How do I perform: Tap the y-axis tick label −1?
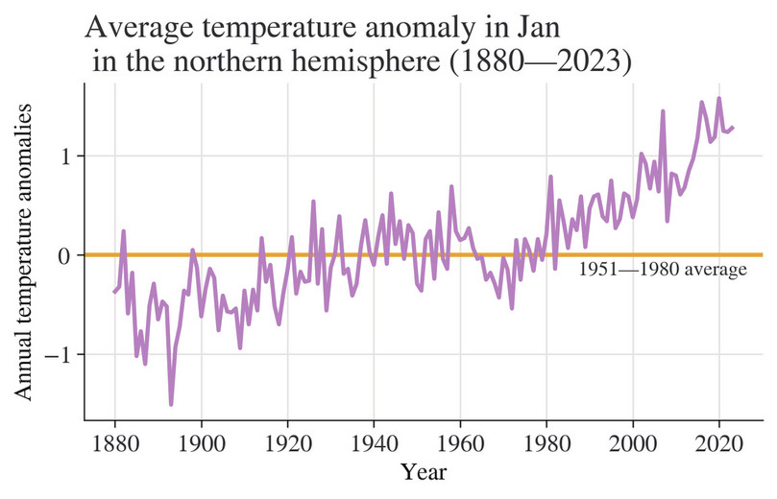coord(61,355)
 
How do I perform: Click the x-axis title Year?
coord(424,472)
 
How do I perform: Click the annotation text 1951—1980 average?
coord(662,271)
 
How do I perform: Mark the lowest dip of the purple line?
coord(171,404)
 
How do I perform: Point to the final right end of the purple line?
coord(733,127)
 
